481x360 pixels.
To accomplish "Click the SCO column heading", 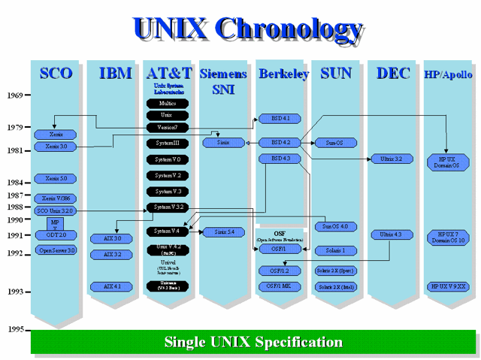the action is (x=56, y=73).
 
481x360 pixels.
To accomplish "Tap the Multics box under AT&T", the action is (x=168, y=103).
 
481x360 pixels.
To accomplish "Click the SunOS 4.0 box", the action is (x=334, y=225).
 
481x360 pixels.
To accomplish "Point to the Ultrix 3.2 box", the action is (x=391, y=159).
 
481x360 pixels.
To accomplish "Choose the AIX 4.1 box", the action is (x=112, y=286).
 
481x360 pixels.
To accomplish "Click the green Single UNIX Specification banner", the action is (x=253, y=342).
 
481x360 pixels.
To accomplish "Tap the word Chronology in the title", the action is (x=290, y=28).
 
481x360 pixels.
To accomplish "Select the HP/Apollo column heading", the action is (x=449, y=74).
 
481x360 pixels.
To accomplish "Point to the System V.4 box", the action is (x=168, y=231).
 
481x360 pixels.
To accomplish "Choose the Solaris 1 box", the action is (x=334, y=250).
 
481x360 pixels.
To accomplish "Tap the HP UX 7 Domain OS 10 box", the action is (x=449, y=237).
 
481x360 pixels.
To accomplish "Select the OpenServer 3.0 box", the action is (x=57, y=250).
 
